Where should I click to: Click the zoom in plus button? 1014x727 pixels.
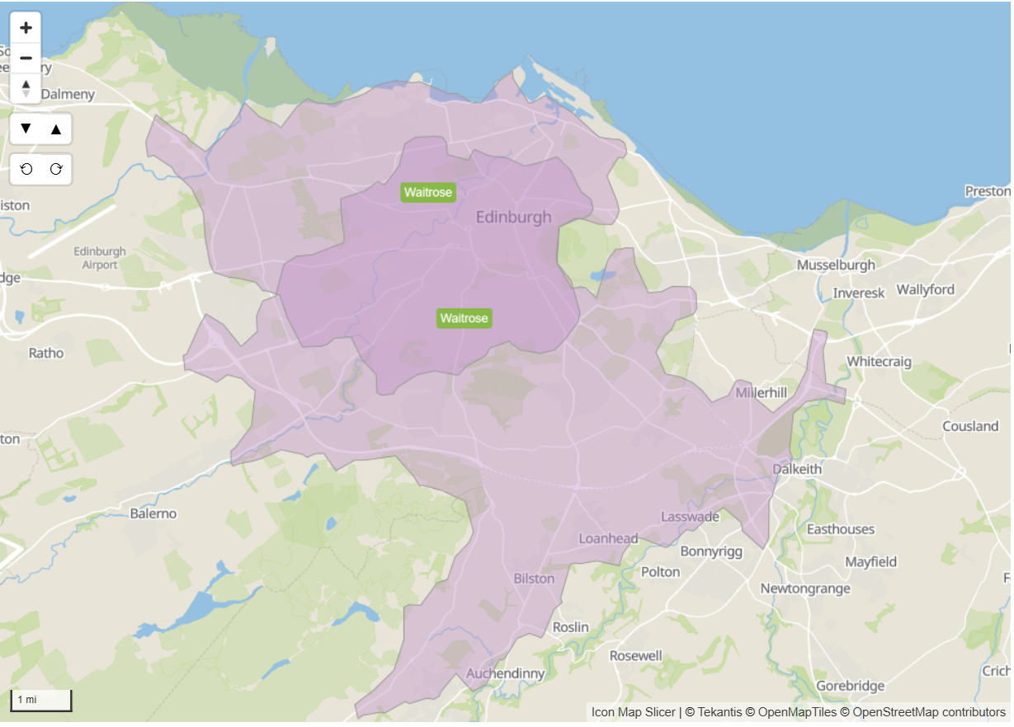coord(26,28)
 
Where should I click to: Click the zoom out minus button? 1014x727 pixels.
coord(26,59)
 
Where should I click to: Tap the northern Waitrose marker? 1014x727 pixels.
coord(428,193)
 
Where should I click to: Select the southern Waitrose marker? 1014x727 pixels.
coord(464,318)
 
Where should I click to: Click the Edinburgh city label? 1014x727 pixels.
coord(513,218)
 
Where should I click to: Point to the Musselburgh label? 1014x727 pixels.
coord(835,265)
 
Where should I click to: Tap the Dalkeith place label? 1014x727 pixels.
coord(797,469)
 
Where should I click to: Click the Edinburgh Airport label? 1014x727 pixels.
coord(100,258)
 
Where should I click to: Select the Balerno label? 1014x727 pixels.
coord(153,514)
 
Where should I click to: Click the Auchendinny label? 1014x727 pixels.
coord(506,673)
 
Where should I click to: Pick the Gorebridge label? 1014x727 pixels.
coord(850,686)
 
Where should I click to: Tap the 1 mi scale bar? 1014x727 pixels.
coord(40,700)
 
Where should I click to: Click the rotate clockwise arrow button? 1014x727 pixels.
coord(56,169)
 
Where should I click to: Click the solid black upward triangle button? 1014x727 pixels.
coord(56,129)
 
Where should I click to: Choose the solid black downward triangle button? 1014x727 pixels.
coord(26,129)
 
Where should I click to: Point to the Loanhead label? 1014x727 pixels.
coord(608,538)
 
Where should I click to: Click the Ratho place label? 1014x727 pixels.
coord(45,353)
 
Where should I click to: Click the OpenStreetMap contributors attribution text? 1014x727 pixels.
coord(929,712)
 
